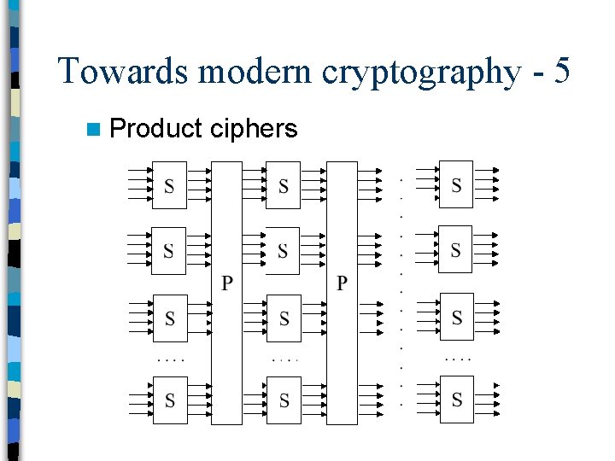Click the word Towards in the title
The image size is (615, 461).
point(123,71)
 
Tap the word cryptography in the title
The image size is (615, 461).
point(420,71)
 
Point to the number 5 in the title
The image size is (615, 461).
point(561,71)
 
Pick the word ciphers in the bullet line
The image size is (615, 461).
point(255,129)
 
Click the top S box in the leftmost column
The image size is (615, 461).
point(169,185)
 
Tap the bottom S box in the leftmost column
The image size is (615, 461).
point(169,400)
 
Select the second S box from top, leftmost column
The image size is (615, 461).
point(168,250)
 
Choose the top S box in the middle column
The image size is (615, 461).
point(284,185)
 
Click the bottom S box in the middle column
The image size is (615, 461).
point(284,400)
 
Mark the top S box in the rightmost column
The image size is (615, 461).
point(456,184)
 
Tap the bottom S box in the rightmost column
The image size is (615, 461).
point(456,400)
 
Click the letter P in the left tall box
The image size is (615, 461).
point(227,283)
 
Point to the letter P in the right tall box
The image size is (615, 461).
point(342,283)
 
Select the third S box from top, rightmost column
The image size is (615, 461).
point(456,318)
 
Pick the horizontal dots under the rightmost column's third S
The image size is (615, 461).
point(458,359)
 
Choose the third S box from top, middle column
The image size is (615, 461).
point(284,318)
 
